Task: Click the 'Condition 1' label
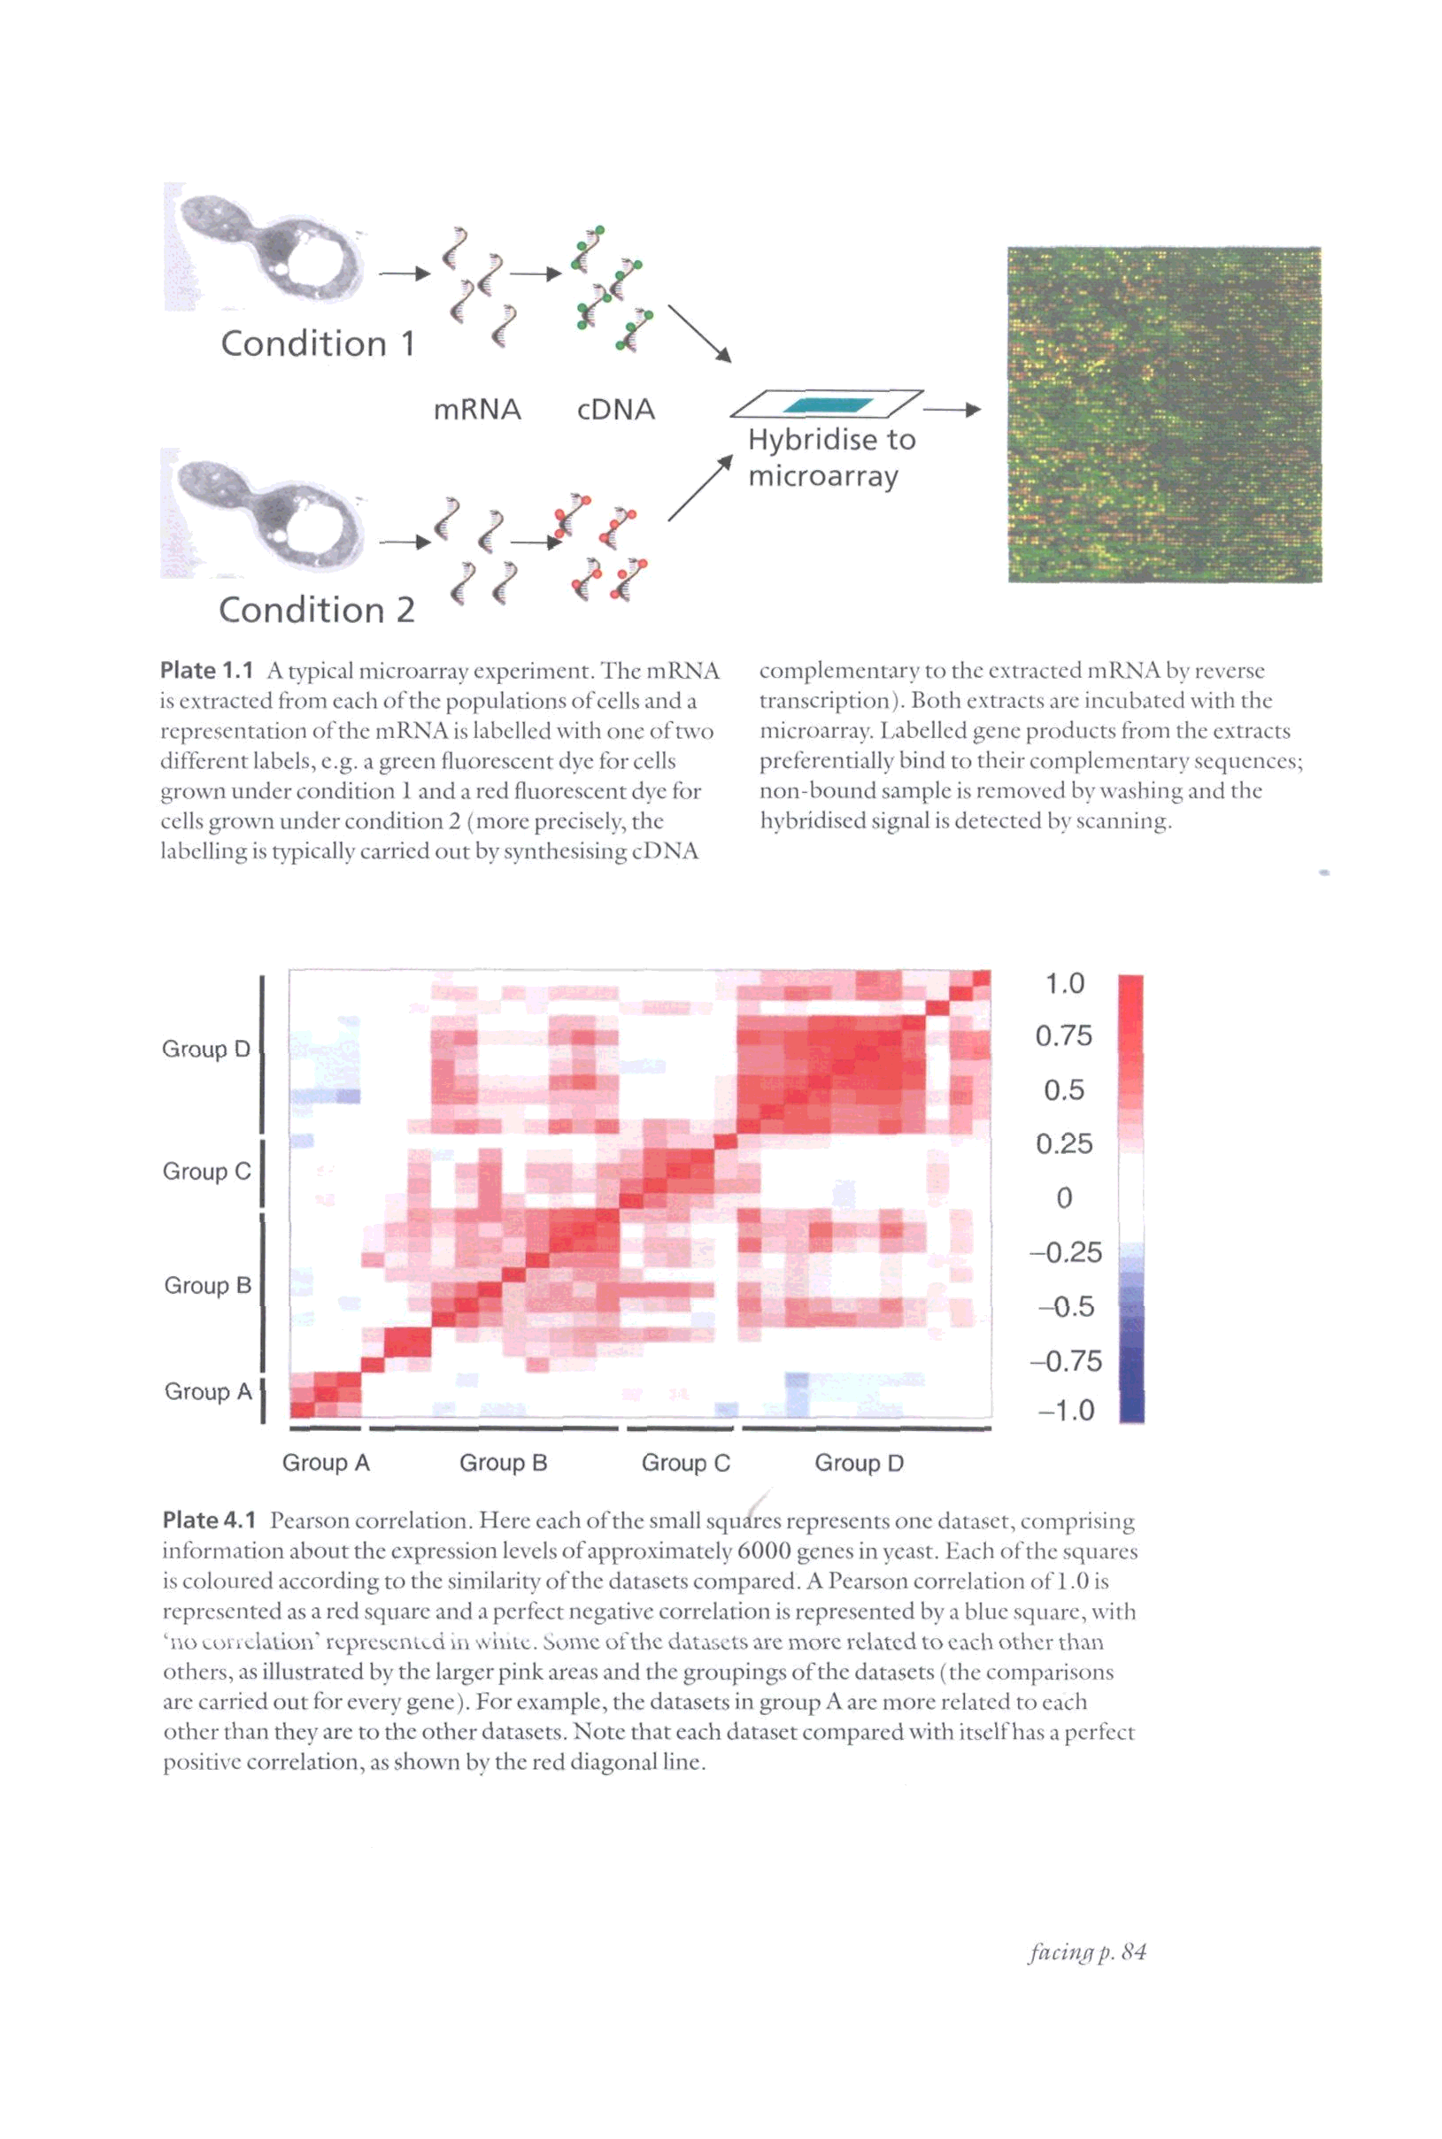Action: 317,343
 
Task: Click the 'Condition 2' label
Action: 316,610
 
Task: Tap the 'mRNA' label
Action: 477,409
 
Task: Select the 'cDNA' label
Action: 615,409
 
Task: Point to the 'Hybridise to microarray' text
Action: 830,458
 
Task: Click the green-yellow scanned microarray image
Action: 1164,413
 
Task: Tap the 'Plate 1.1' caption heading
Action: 206,671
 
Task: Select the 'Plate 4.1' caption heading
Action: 209,1520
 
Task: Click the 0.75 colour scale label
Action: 1063,1036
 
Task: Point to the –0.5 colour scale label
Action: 1066,1306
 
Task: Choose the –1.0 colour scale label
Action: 1066,1410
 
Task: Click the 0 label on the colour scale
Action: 1064,1197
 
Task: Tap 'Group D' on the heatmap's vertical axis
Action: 206,1049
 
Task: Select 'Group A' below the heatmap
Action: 326,1463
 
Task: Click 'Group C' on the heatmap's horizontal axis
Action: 685,1463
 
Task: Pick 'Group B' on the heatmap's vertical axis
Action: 207,1285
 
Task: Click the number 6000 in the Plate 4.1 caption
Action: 764,1551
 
